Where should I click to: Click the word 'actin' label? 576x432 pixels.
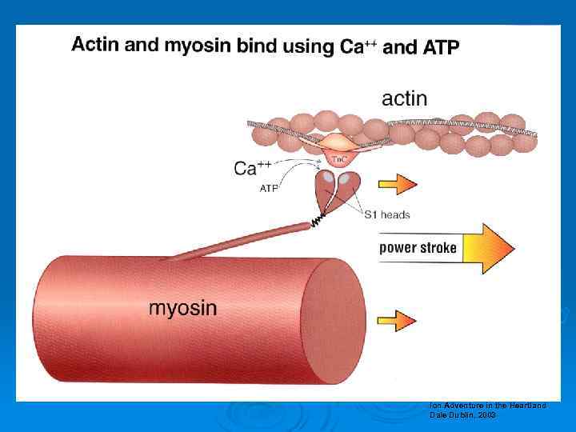coord(404,98)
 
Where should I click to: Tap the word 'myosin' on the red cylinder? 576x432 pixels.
coord(182,307)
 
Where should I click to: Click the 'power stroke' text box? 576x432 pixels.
coord(418,247)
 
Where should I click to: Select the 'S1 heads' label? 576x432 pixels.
coord(387,214)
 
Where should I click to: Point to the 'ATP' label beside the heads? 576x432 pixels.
coord(270,189)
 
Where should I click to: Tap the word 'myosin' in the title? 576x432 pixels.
coord(198,46)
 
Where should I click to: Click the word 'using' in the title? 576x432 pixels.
coord(307,47)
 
